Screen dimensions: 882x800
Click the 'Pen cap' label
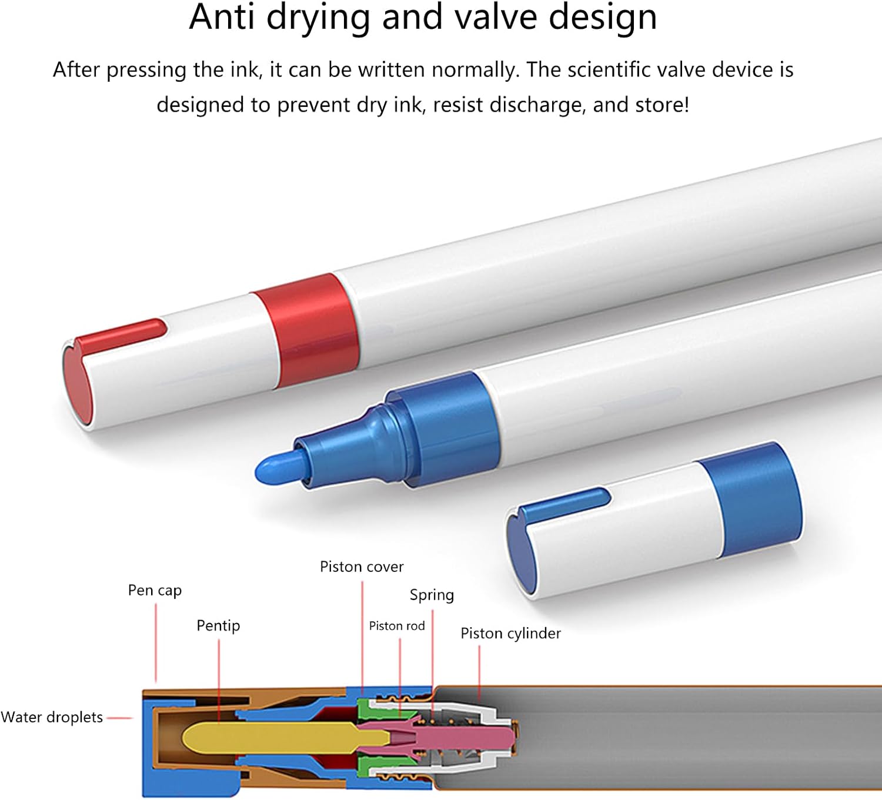pyautogui.click(x=155, y=591)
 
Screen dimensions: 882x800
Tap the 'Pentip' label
pyautogui.click(x=218, y=625)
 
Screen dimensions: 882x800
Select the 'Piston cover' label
pyautogui.click(x=362, y=567)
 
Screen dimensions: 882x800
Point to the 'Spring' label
pyautogui.click(x=432, y=595)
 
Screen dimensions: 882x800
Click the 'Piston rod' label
pyautogui.click(x=396, y=626)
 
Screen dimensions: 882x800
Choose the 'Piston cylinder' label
pyautogui.click(x=510, y=634)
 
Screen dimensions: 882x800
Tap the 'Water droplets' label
pyautogui.click(x=51, y=717)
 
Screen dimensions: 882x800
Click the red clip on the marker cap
pyautogui.click(x=119, y=336)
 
